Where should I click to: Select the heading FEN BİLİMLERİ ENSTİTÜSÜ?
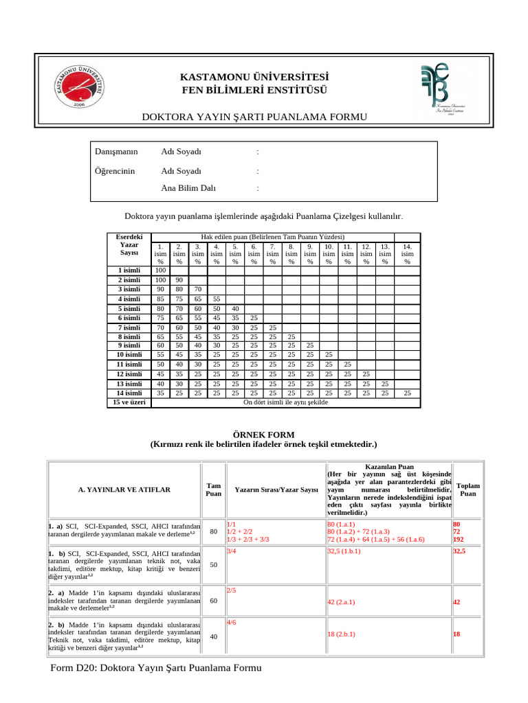(x=254, y=91)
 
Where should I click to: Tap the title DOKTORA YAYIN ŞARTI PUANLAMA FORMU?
(x=254, y=117)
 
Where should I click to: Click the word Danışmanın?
(x=115, y=152)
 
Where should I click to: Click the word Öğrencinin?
(x=114, y=171)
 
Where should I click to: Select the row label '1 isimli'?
(x=129, y=270)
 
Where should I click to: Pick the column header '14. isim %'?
(x=408, y=253)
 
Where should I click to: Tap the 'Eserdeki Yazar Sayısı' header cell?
(x=129, y=244)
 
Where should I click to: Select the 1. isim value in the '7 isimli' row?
(x=160, y=327)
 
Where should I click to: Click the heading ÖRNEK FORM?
(x=263, y=435)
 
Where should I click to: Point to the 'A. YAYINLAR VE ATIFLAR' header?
(x=124, y=489)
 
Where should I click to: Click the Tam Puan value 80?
(x=213, y=531)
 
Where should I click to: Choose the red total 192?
(x=458, y=540)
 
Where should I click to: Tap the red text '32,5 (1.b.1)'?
(x=344, y=551)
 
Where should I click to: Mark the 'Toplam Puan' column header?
(x=467, y=489)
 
